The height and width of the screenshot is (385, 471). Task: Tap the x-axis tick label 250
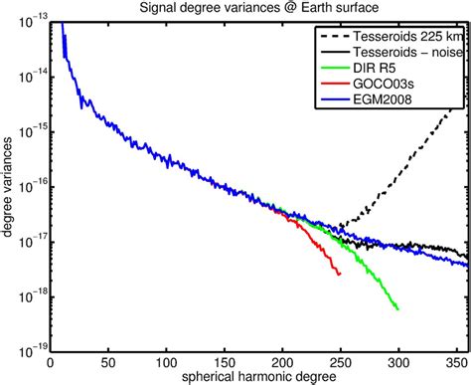341,363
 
